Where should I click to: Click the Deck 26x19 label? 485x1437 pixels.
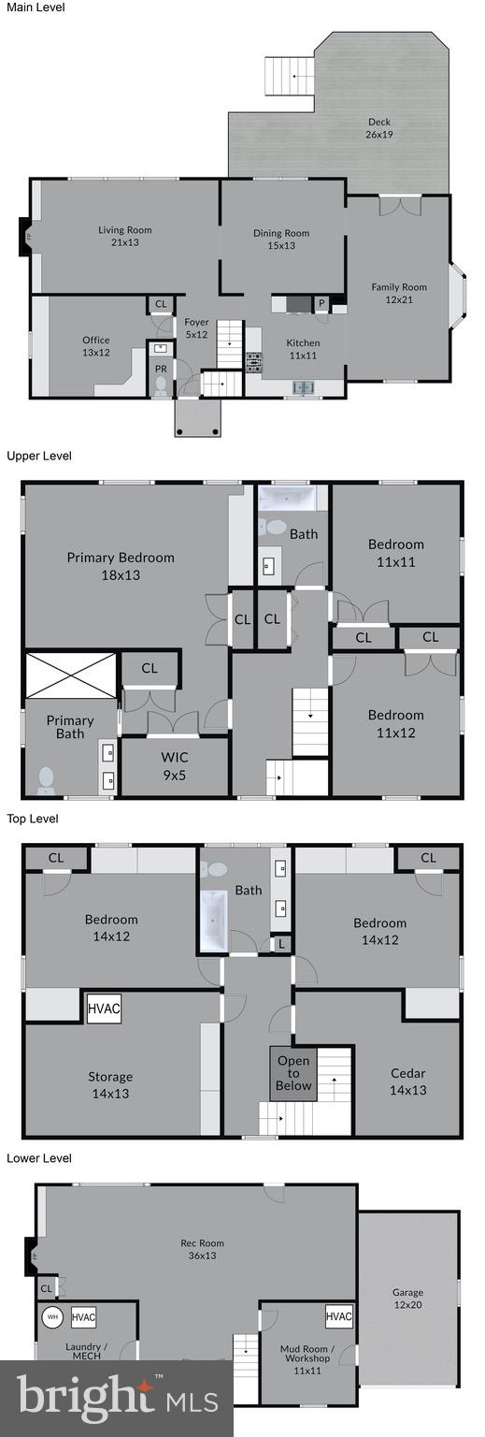[x=378, y=128]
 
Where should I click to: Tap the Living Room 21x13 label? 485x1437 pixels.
[x=125, y=236]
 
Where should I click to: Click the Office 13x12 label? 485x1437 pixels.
[x=95, y=346]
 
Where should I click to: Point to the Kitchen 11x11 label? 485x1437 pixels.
[x=303, y=349]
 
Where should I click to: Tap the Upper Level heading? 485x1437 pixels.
[x=38, y=456]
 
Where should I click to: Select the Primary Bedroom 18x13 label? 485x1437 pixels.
[x=121, y=566]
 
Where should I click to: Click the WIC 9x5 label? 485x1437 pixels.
[x=175, y=764]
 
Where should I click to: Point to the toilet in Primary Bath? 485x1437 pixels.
[x=46, y=779]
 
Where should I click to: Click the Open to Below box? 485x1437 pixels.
[x=293, y=1072]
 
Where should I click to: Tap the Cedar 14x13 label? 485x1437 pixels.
[x=407, y=1081]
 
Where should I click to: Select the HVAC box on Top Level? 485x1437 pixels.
[x=103, y=1009]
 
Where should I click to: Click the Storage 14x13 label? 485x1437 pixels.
[x=110, y=1085]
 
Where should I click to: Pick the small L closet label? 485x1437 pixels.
[x=281, y=945]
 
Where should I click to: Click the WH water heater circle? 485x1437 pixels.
[x=51, y=1316]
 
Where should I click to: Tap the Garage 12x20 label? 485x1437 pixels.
[x=407, y=1299]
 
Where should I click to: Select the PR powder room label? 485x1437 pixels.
[x=161, y=369]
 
